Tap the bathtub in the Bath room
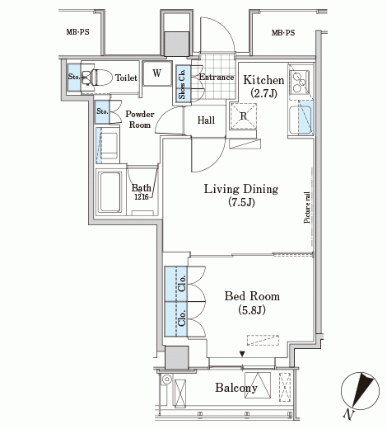coord(110,192)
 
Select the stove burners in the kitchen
coord(299,81)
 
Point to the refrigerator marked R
coord(243,116)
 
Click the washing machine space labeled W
coord(157,73)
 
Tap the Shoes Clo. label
coord(182,84)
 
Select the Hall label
coord(206,120)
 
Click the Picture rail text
coord(307,207)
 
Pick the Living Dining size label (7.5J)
coord(241,203)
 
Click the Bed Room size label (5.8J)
coord(252,310)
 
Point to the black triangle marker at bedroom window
coord(242,354)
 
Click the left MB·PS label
coord(77,32)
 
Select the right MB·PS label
coord(283,33)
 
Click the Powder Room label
coord(140,120)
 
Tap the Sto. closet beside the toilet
coord(74,78)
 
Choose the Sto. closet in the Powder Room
coord(102,111)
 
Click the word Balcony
coord(236,388)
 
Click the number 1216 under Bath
coord(142,197)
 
